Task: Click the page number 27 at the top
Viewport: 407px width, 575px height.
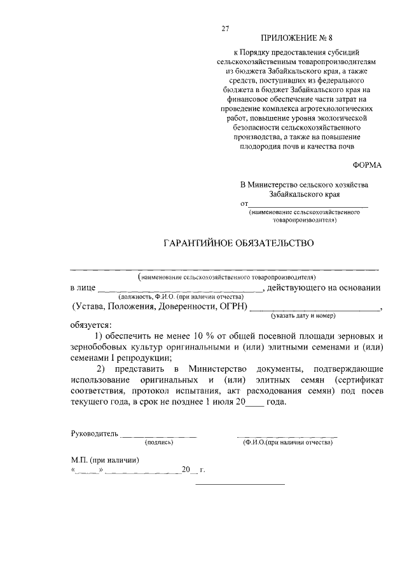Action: click(224, 27)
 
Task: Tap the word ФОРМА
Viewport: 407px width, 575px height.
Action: click(367, 165)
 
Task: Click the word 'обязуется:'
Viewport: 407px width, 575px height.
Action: click(90, 324)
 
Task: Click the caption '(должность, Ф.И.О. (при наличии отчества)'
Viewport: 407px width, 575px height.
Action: click(181, 297)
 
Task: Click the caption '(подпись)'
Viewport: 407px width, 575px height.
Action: click(160, 442)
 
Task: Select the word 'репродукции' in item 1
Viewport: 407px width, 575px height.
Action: click(141, 358)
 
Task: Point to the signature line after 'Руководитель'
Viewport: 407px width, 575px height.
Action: click(158, 436)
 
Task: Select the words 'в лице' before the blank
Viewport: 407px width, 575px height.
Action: click(83, 288)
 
